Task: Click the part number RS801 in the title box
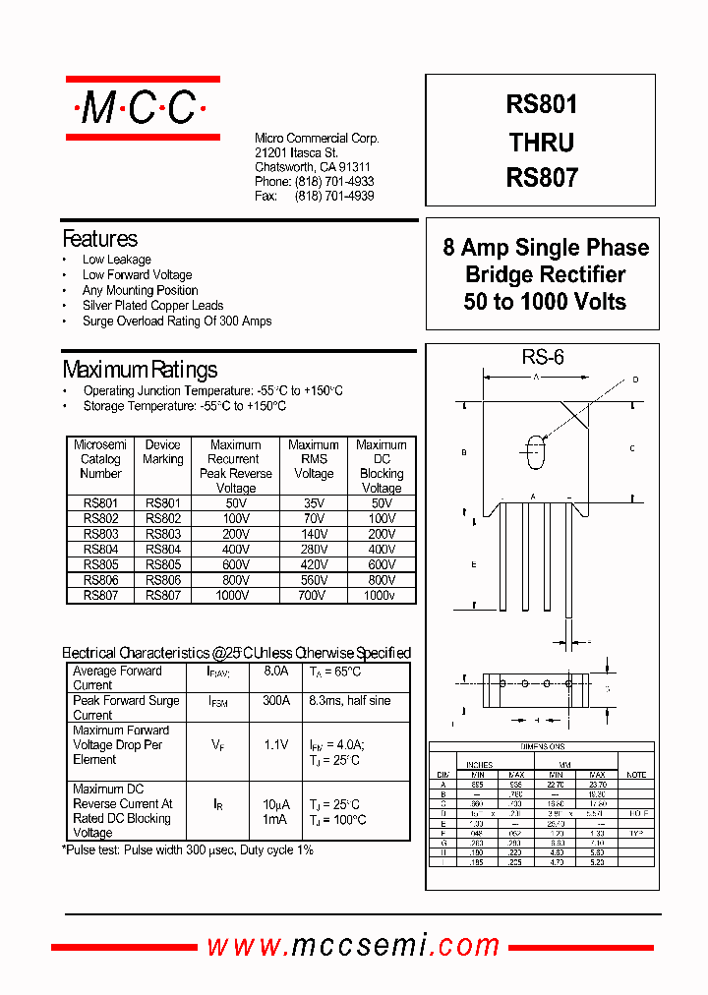(x=542, y=105)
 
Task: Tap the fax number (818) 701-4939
(x=333, y=196)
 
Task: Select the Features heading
(x=99, y=239)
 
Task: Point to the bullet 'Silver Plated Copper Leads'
(x=152, y=306)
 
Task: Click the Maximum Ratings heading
(x=140, y=370)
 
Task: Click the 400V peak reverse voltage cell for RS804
(x=236, y=550)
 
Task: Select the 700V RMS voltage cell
(x=314, y=596)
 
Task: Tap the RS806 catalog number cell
(x=100, y=580)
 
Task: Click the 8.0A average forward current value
(x=275, y=672)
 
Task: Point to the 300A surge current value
(x=275, y=701)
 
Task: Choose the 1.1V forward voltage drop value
(x=275, y=745)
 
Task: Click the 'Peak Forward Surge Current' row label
(x=126, y=708)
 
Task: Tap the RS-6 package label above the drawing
(x=543, y=358)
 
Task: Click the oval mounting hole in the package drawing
(x=536, y=452)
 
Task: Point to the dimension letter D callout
(x=635, y=380)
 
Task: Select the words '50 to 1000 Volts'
(x=545, y=302)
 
